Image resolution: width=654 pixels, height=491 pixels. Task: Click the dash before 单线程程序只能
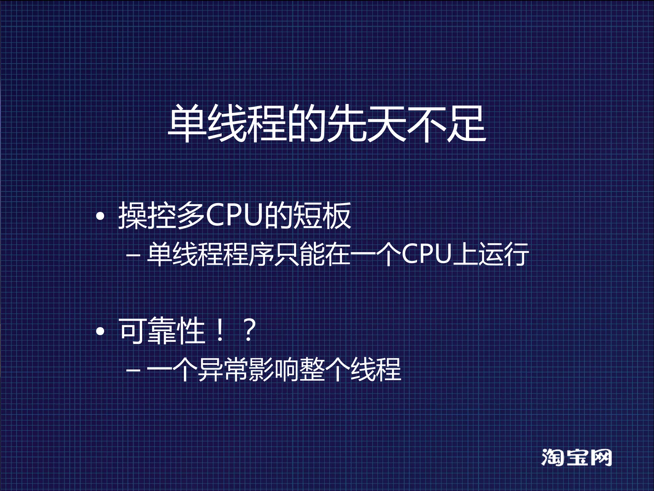click(x=133, y=256)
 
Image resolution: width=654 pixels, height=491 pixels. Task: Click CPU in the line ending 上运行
click(x=426, y=255)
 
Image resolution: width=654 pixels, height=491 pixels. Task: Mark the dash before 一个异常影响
click(x=133, y=370)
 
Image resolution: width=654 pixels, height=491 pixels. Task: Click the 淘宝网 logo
click(x=576, y=457)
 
